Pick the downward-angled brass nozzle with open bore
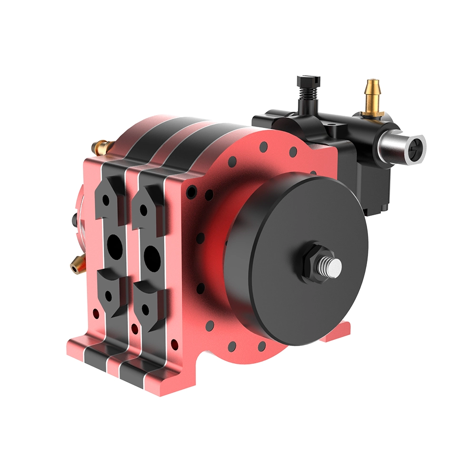pyautogui.click(x=76, y=264)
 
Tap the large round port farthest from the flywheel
pyautogui.click(x=114, y=245)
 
